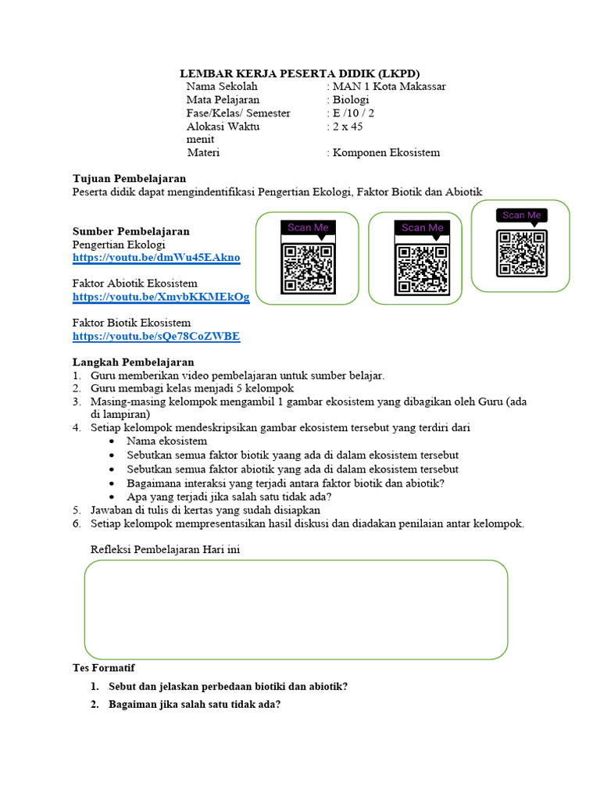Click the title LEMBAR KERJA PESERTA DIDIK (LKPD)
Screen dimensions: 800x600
301,73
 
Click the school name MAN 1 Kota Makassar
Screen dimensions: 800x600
389,87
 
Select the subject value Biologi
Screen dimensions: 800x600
351,100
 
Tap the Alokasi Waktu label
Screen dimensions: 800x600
223,127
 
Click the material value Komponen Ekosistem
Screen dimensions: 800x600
386,152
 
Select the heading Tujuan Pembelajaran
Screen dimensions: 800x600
129,179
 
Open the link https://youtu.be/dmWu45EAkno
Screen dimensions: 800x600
156,258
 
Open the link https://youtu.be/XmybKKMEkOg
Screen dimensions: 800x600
161,297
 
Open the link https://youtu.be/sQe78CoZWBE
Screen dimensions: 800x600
156,337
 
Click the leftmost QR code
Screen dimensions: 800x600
308,268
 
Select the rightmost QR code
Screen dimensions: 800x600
521,253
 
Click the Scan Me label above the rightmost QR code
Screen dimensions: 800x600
521,216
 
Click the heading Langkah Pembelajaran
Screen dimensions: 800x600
133,362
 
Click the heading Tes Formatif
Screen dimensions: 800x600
103,668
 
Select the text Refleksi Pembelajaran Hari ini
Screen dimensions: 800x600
165,550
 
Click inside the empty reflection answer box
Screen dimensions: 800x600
295,609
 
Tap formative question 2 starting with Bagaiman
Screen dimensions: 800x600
195,704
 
